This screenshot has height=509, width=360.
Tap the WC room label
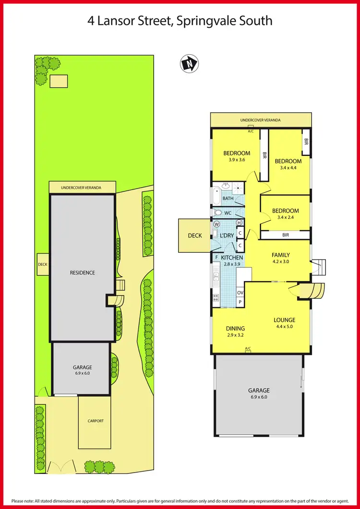[228, 213]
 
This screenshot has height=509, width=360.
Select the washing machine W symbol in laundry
[216, 224]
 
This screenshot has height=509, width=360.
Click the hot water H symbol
[239, 223]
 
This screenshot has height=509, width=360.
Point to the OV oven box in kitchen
[240, 293]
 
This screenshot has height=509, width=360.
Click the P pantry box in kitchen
[240, 302]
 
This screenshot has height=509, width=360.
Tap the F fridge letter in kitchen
[216, 258]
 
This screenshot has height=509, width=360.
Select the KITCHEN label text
[232, 258]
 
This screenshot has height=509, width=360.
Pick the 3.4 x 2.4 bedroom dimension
[285, 217]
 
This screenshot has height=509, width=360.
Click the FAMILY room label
[281, 255]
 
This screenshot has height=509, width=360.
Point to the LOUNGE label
[284, 320]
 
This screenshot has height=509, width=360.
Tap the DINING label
[235, 329]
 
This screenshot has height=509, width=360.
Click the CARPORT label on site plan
[95, 421]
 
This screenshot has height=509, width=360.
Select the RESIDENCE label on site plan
[83, 272]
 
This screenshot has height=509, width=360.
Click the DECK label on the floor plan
[195, 235]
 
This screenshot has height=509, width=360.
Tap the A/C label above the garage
[248, 348]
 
